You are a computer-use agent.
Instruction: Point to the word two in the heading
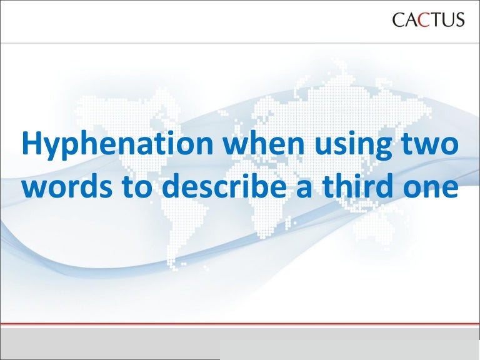[431, 146]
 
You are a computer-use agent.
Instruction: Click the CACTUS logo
[428, 20]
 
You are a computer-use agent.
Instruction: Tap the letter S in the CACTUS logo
[459, 20]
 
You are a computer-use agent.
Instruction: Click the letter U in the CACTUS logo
[445, 20]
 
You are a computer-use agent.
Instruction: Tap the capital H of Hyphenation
[31, 146]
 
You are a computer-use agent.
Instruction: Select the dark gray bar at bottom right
[349, 351]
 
